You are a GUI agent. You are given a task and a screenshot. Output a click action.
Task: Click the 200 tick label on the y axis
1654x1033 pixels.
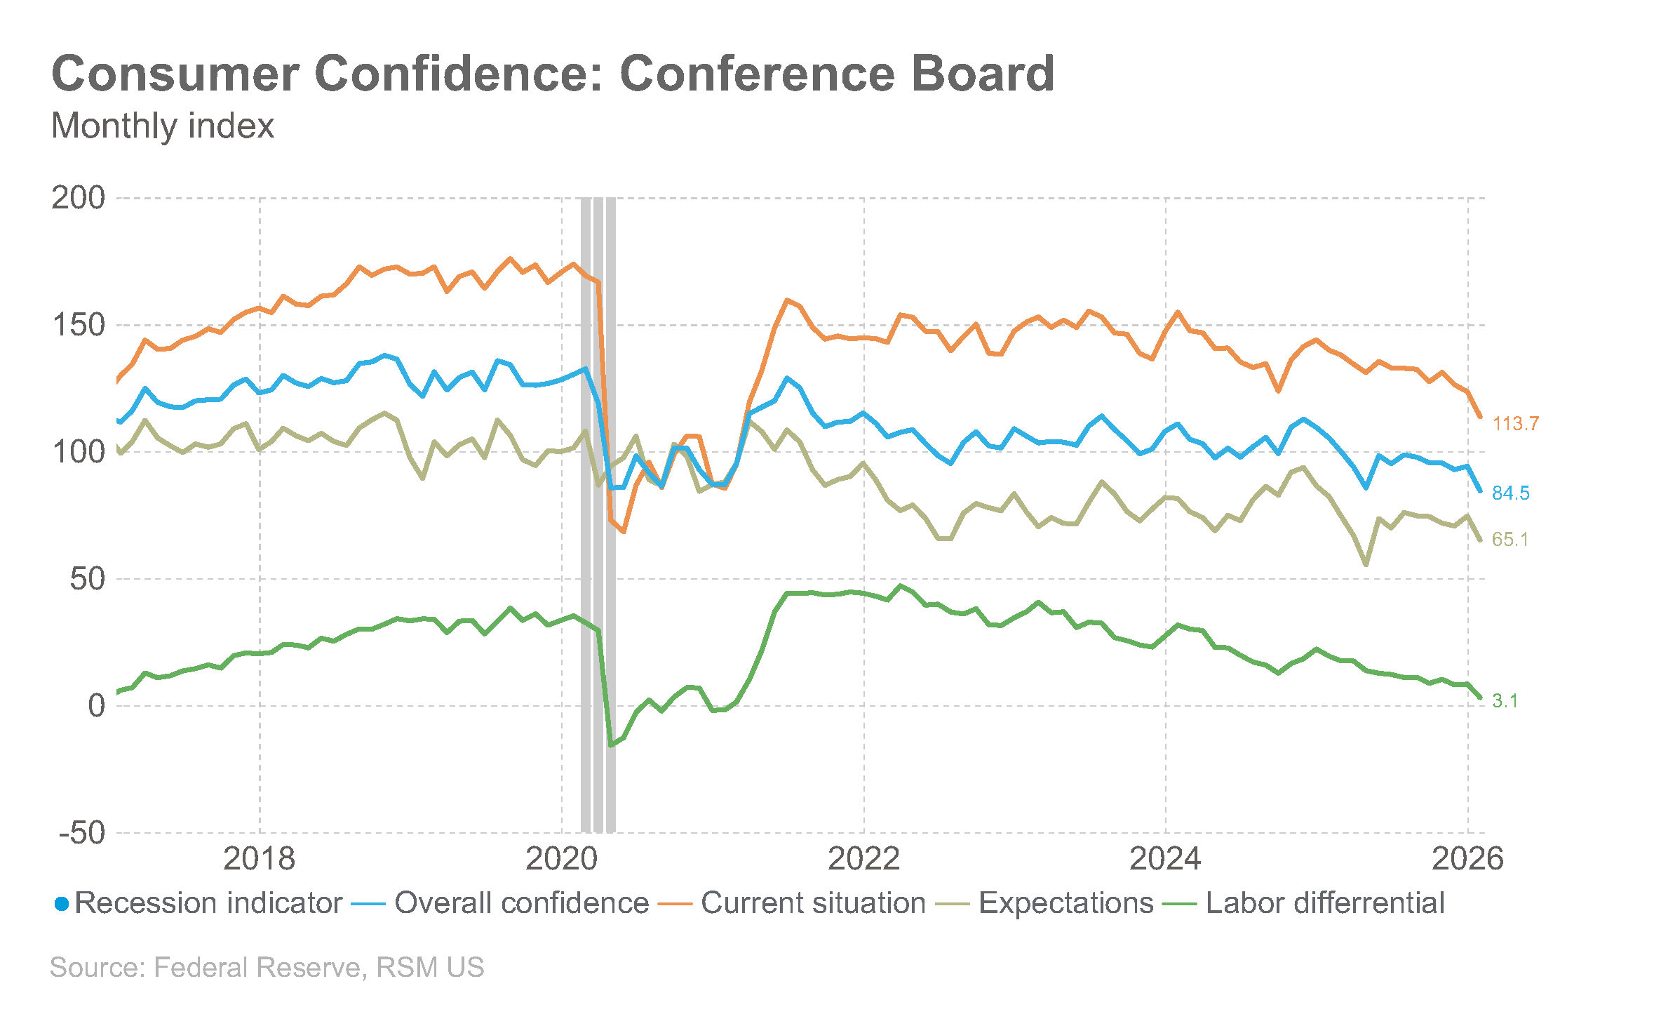point(79,198)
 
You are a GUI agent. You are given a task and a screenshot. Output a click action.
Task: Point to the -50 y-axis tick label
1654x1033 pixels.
point(82,833)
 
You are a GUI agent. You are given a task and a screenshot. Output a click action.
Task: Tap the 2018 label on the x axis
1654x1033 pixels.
point(260,859)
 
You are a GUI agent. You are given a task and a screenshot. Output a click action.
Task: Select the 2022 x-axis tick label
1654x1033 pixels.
point(863,859)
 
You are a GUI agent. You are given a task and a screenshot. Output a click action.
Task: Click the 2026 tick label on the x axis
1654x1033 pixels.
point(1468,859)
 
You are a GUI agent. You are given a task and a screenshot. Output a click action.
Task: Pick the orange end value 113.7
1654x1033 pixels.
point(1515,424)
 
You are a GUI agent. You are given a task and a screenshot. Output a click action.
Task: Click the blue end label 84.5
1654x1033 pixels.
point(1511,493)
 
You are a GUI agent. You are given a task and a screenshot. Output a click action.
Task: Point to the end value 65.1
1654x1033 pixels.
point(1510,540)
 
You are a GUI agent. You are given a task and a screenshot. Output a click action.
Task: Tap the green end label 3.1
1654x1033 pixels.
point(1505,701)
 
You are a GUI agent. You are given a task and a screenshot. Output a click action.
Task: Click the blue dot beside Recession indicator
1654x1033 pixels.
point(62,905)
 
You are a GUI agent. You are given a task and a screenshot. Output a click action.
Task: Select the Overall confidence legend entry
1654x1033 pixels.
point(499,903)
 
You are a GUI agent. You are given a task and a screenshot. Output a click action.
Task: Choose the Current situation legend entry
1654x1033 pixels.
point(792,903)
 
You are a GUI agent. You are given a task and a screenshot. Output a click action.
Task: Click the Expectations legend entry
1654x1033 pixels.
point(1044,903)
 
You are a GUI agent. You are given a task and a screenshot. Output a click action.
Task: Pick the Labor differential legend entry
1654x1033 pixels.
point(1303,903)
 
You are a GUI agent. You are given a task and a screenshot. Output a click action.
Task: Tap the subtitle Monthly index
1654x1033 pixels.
point(163,126)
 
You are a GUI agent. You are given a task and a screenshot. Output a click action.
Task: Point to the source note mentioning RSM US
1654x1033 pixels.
point(267,967)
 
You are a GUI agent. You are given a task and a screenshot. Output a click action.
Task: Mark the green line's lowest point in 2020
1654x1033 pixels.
point(611,745)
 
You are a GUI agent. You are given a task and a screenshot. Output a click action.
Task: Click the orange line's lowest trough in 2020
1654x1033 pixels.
point(623,532)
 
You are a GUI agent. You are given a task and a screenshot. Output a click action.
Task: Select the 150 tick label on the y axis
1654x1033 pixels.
point(79,325)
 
